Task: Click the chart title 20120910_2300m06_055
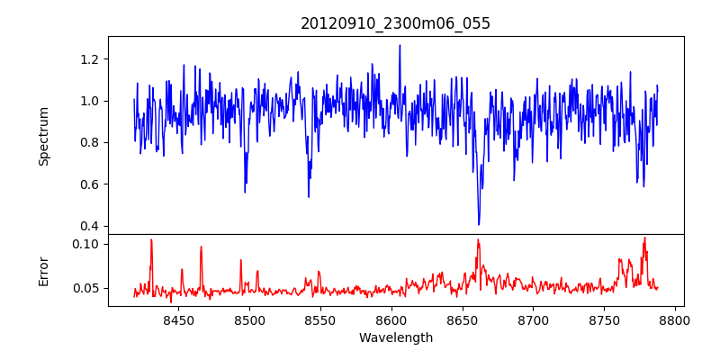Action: [x=395, y=23]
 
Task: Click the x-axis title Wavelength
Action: [x=395, y=338]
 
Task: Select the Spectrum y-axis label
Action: [x=43, y=135]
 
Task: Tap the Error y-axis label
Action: [x=43, y=270]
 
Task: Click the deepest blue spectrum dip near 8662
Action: [x=479, y=223]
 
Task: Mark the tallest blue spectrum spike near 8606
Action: [x=400, y=46]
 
